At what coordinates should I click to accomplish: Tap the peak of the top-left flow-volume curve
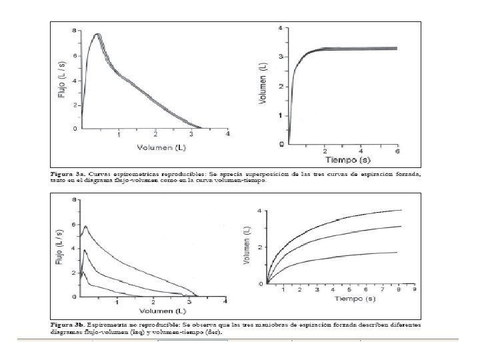97,34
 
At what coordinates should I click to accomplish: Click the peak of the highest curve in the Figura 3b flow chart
85,226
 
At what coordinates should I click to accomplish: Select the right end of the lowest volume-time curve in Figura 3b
398,252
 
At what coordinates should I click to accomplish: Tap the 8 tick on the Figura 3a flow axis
75,31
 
